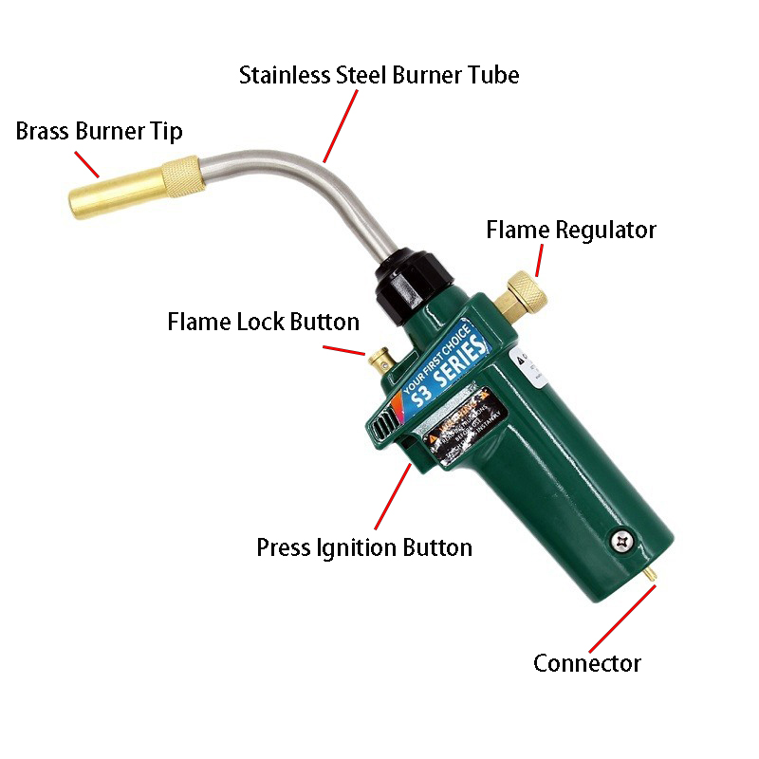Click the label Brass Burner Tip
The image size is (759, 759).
click(x=99, y=130)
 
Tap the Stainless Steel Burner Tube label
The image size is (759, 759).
click(x=379, y=75)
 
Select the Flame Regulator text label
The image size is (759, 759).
click(x=571, y=230)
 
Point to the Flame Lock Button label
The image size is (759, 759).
click(x=264, y=322)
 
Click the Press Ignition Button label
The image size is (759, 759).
click(x=364, y=547)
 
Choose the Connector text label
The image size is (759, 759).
click(x=586, y=663)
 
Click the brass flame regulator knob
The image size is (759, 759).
click(x=525, y=290)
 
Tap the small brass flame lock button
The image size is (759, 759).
click(x=380, y=360)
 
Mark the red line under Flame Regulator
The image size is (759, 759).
click(x=539, y=259)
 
